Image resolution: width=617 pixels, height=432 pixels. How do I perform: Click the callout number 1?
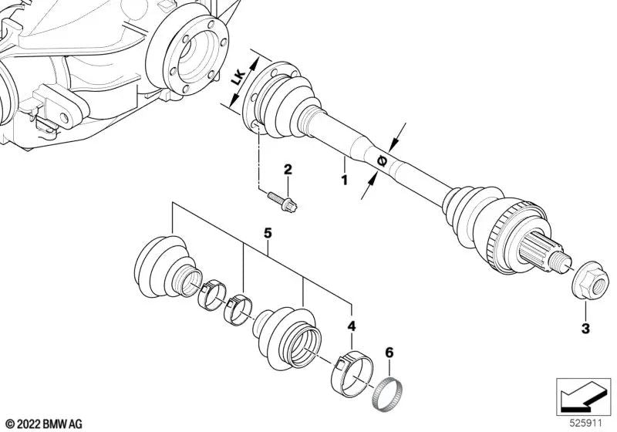click(344, 181)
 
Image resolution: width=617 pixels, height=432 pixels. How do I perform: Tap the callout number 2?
click(288, 170)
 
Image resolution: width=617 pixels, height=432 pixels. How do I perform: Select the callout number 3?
click(585, 328)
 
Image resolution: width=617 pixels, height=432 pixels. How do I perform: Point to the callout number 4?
click(352, 326)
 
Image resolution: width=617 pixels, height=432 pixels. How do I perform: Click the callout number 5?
click(268, 234)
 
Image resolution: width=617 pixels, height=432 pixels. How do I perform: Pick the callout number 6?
click(389, 353)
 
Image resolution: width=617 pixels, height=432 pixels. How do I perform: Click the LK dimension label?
click(239, 78)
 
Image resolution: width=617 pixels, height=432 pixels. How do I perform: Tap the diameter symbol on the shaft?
click(382, 161)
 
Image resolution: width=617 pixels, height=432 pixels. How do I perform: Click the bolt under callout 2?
click(282, 201)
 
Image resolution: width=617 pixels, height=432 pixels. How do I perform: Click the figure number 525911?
click(586, 424)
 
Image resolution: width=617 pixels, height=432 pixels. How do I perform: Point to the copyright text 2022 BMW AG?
click(45, 424)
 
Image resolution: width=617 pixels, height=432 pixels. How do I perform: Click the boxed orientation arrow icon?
click(583, 397)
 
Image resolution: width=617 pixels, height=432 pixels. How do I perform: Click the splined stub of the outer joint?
click(538, 249)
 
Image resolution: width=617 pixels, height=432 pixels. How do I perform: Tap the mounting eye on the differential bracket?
click(64, 117)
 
